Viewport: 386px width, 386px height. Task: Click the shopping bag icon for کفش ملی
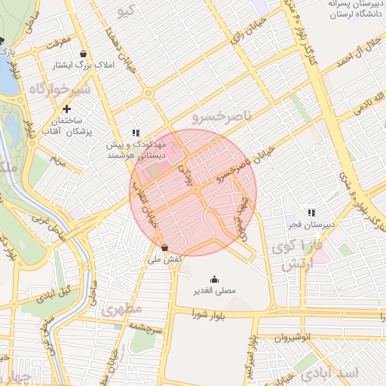[x=165, y=247]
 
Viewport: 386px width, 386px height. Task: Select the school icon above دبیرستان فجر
[x=311, y=213]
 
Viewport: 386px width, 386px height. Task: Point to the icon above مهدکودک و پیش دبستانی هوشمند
[x=136, y=133]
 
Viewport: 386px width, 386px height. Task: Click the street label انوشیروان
[x=294, y=339]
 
